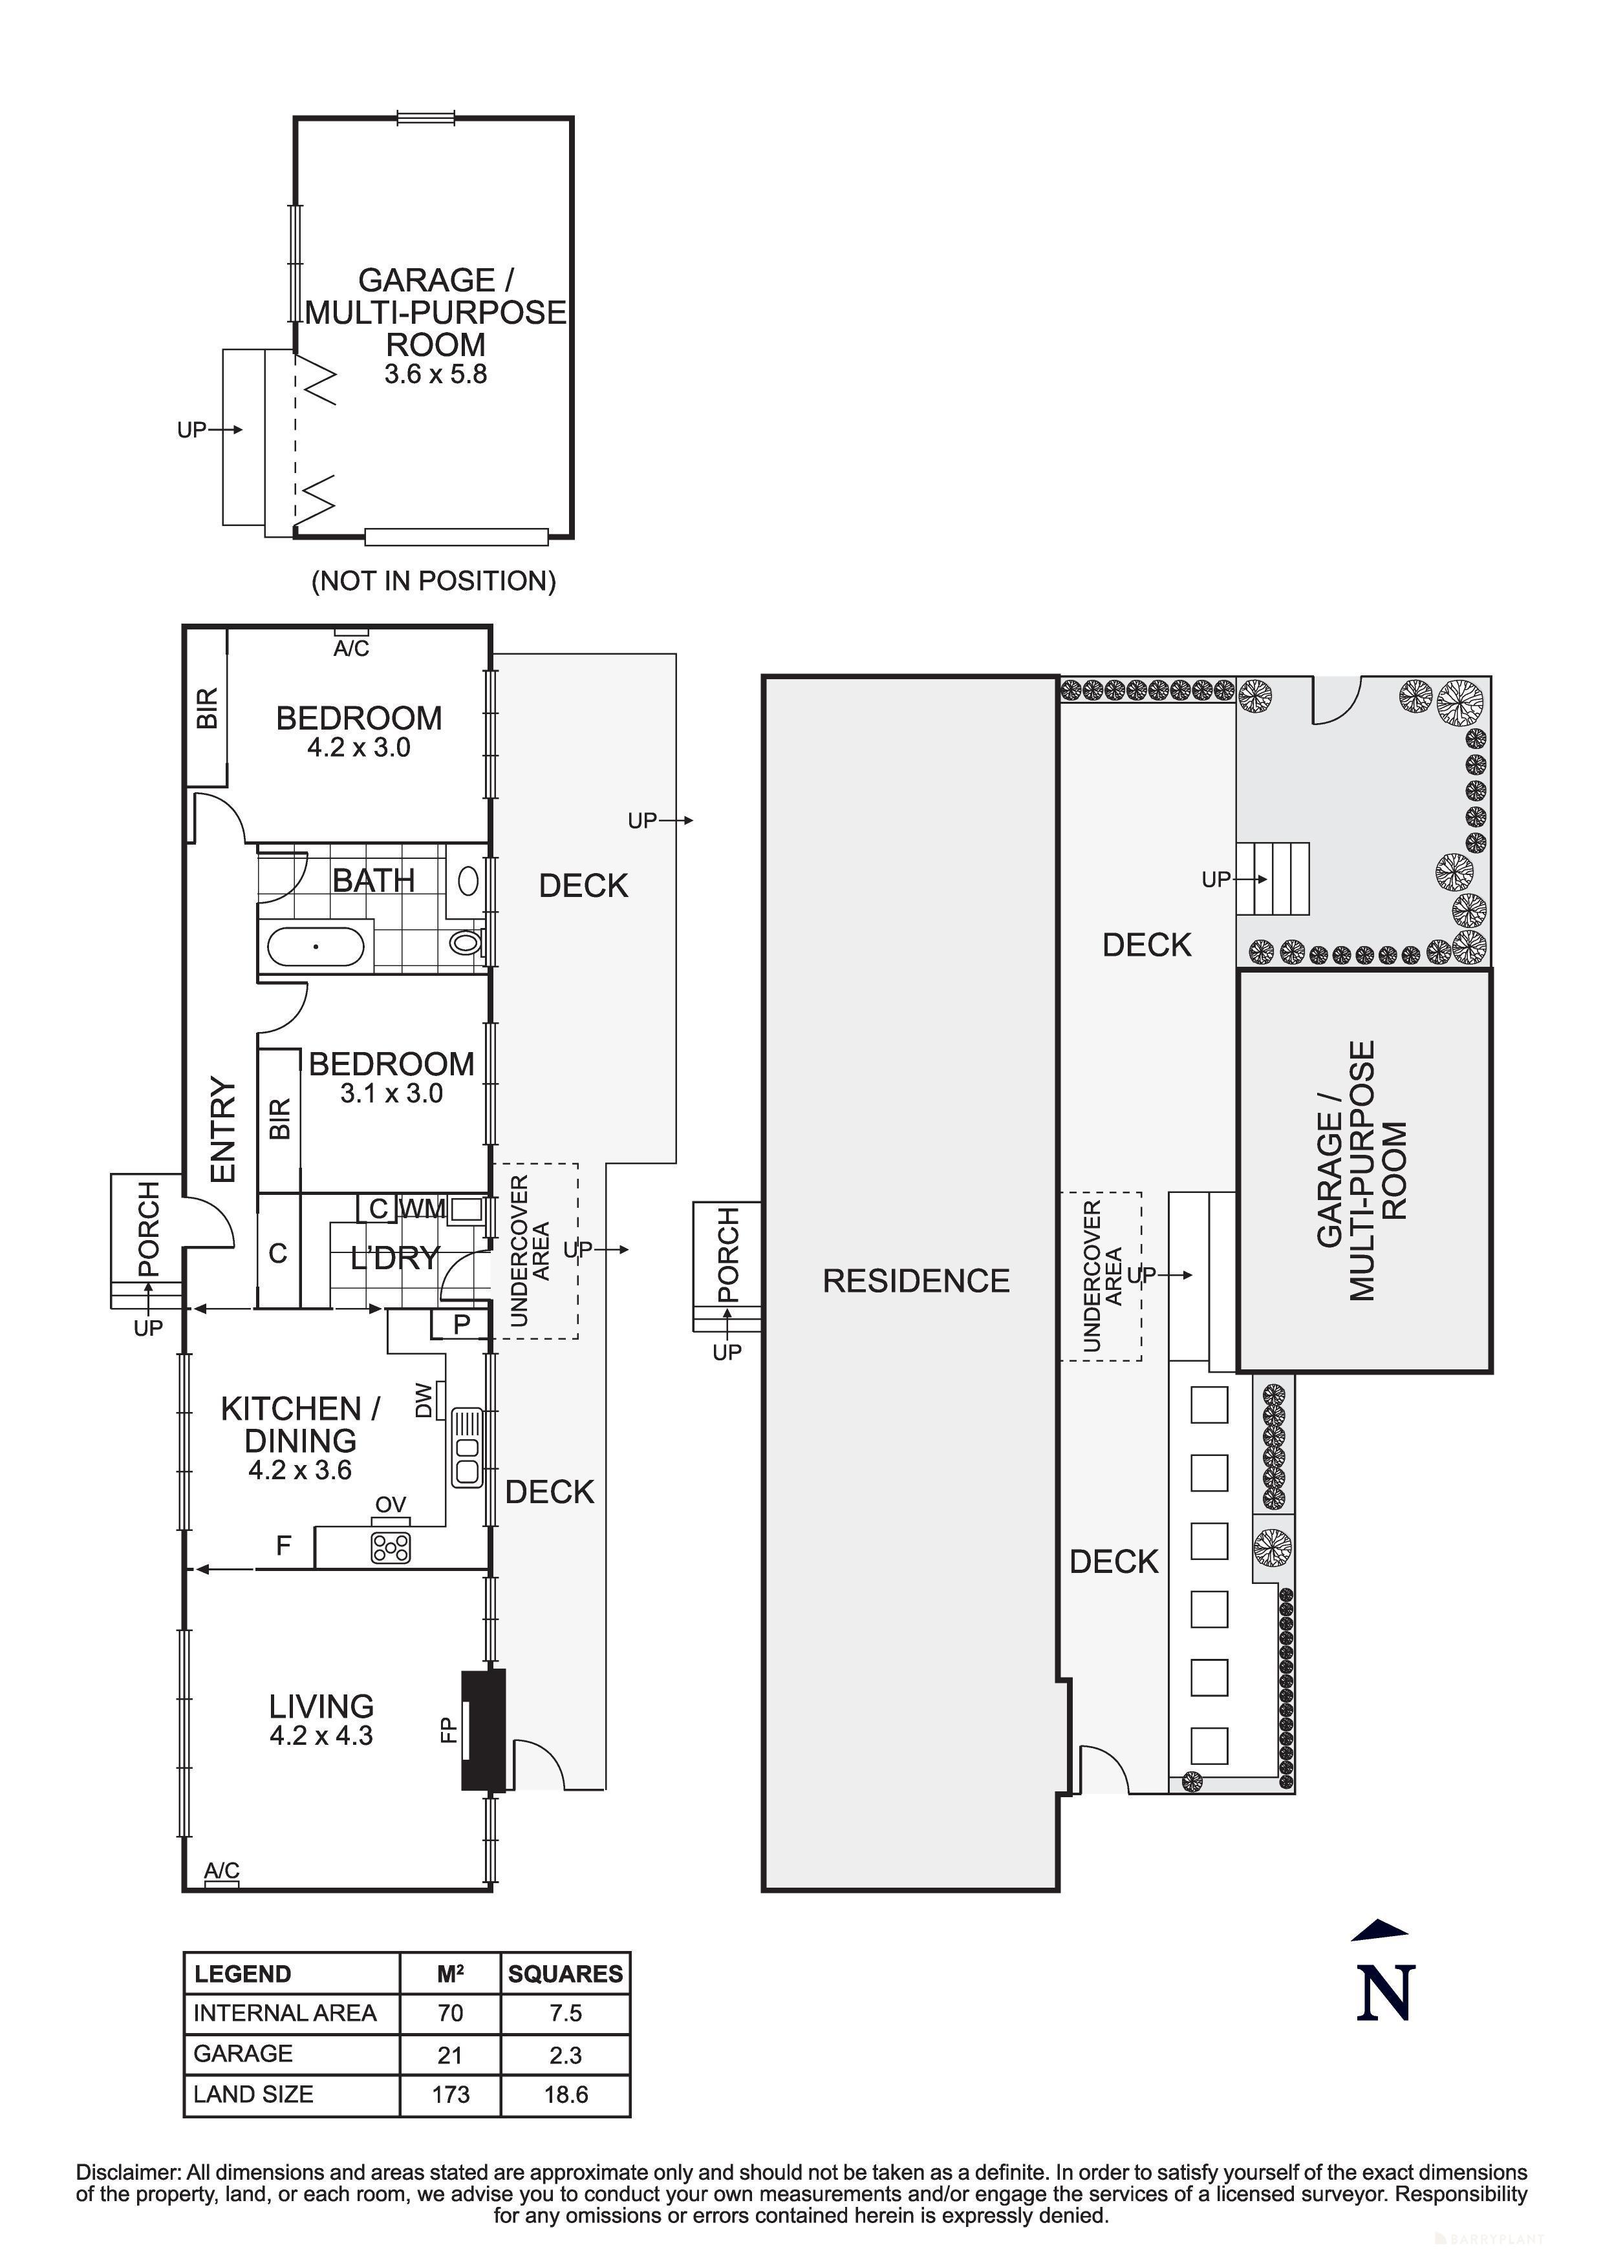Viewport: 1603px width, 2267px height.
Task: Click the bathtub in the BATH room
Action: pos(315,947)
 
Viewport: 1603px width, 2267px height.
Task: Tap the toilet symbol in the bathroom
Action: pos(464,943)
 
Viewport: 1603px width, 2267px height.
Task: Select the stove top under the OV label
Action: pos(390,1547)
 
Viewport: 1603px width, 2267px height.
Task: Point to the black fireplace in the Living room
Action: pos(484,1730)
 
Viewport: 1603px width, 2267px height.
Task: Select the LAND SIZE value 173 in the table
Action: pos(451,2094)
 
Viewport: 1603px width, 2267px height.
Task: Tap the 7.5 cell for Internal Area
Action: pos(565,2013)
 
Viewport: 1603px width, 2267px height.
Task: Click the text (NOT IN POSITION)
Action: pos(434,580)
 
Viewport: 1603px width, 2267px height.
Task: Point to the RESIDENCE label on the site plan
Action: pos(916,1281)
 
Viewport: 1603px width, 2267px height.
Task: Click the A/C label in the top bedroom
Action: pos(350,649)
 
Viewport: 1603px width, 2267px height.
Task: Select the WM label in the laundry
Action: pos(424,1208)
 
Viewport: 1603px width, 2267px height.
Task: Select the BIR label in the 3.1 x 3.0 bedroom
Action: pos(279,1119)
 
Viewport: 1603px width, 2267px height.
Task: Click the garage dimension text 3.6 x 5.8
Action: pos(436,374)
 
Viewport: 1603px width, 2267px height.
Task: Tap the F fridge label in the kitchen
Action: pos(283,1545)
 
